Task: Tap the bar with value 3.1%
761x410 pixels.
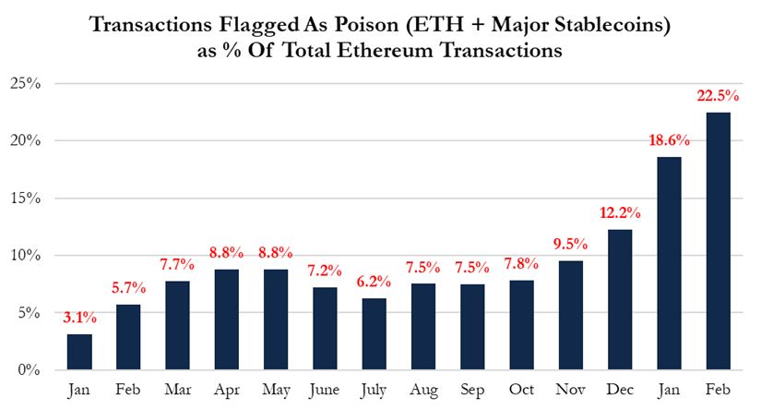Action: click(80, 352)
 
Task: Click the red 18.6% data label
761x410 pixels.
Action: click(660, 140)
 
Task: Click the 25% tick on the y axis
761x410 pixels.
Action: click(26, 84)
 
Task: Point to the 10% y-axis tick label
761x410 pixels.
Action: click(26, 256)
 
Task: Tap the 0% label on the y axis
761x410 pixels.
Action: click(30, 370)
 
